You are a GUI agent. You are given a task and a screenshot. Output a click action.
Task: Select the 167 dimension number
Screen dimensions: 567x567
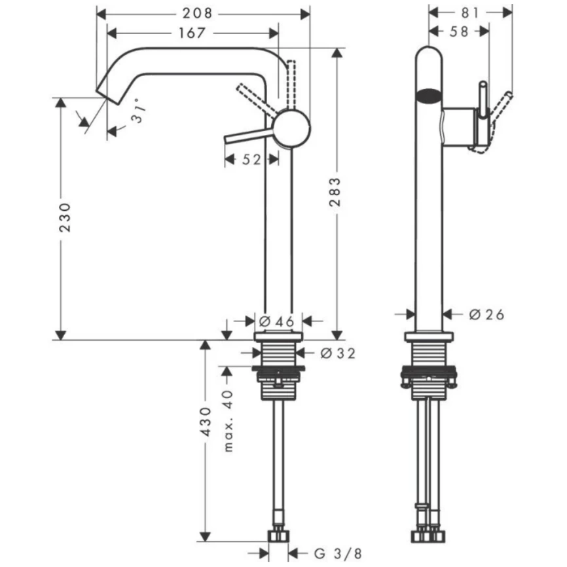[192, 32]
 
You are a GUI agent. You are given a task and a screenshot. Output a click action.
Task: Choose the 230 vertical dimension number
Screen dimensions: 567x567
[64, 218]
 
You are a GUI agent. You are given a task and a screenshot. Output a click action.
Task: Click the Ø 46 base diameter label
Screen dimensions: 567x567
[276, 321]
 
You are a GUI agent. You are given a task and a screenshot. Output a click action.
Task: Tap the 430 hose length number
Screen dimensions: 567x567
[205, 422]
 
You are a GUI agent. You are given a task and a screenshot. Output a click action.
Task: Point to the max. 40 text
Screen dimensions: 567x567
[229, 418]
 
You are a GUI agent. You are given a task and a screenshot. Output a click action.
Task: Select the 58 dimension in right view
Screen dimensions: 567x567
[459, 31]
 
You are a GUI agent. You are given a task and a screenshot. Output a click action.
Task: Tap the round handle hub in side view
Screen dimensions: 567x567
[291, 128]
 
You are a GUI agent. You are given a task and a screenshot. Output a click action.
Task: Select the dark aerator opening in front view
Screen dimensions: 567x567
[429, 96]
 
